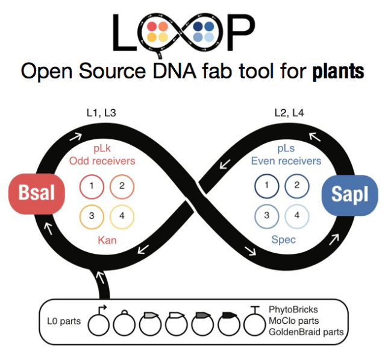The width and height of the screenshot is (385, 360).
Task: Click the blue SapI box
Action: pyautogui.click(x=350, y=194)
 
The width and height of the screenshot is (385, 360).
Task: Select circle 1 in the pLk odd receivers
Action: pyautogui.click(x=92, y=186)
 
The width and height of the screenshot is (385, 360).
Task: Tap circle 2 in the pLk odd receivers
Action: pyautogui.click(x=121, y=186)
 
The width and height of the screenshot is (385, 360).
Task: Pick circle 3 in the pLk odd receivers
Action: pyautogui.click(x=92, y=216)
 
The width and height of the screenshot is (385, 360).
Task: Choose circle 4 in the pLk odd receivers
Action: pyautogui.click(x=121, y=216)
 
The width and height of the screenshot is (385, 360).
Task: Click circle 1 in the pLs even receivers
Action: pyautogui.click(x=266, y=186)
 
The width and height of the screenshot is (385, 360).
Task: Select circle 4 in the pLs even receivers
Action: pyautogui.click(x=296, y=216)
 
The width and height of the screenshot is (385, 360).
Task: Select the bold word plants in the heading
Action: pyautogui.click(x=338, y=72)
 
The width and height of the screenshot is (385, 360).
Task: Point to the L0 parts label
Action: pyautogui.click(x=63, y=321)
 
